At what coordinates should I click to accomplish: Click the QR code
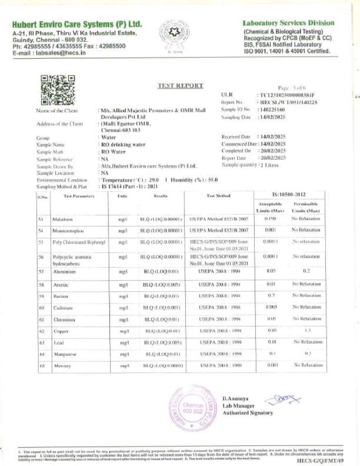pos(58,90)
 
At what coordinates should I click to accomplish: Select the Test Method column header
pos(218,196)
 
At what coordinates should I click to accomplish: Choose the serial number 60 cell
pos(41,308)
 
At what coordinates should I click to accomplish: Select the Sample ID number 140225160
pos(272,110)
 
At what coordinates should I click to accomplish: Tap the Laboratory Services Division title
pos(289,23)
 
